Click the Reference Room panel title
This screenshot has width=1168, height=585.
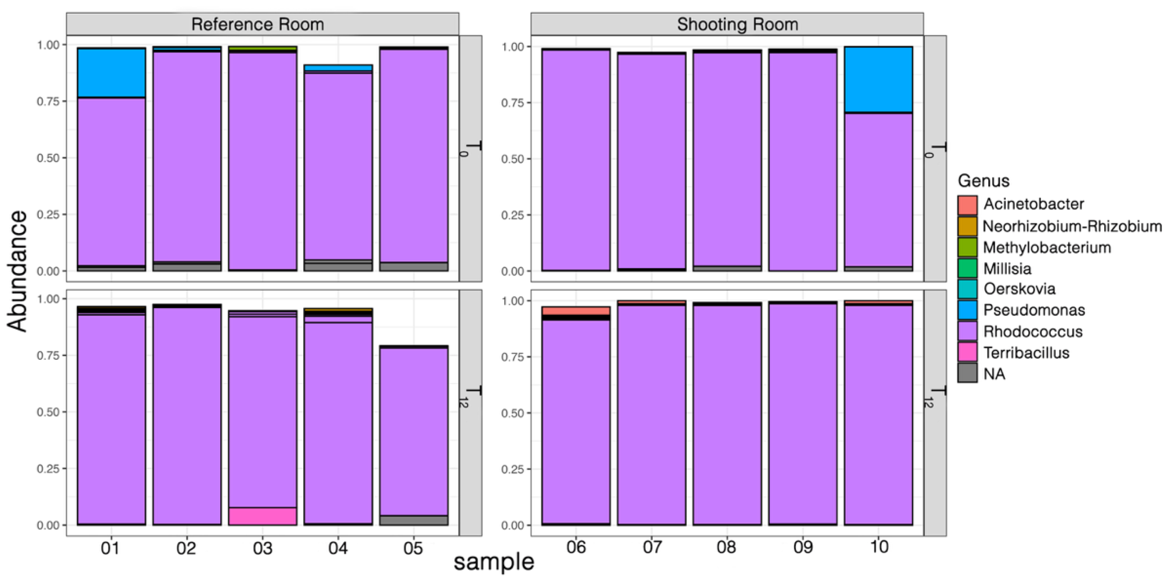pyautogui.click(x=257, y=24)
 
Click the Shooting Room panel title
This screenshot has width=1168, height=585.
pyautogui.click(x=737, y=24)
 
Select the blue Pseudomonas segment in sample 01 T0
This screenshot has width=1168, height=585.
pyautogui.click(x=112, y=73)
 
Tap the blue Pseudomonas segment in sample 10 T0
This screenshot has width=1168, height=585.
pyautogui.click(x=878, y=79)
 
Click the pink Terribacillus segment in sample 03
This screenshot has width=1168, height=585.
pyautogui.click(x=262, y=516)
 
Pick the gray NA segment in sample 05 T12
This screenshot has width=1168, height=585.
pyautogui.click(x=413, y=520)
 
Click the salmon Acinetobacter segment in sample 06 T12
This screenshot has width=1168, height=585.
pyautogui.click(x=576, y=311)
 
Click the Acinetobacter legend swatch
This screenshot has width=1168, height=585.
pyautogui.click(x=967, y=205)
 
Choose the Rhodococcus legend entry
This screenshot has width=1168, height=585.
pyautogui.click(x=1032, y=332)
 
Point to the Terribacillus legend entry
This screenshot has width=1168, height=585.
pyautogui.click(x=1026, y=353)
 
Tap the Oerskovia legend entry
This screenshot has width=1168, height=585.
pyautogui.click(x=1019, y=289)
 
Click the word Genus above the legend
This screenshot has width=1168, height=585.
pyautogui.click(x=983, y=181)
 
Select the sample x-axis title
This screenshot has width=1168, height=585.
pyautogui.click(x=494, y=562)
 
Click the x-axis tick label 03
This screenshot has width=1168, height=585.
pyautogui.click(x=262, y=548)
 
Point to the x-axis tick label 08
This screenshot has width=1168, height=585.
pyautogui.click(x=726, y=547)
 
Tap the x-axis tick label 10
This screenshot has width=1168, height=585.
pyautogui.click(x=878, y=547)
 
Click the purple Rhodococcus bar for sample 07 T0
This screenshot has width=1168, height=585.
pyautogui.click(x=652, y=161)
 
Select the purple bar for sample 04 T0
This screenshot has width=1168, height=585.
pyautogui.click(x=338, y=165)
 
